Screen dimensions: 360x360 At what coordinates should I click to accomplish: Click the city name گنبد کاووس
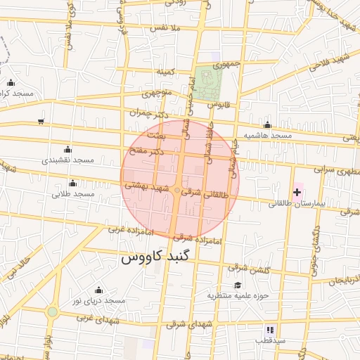click(155, 257)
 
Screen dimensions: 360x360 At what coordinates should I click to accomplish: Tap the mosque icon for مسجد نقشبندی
click(67, 149)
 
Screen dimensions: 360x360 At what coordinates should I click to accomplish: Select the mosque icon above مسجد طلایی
click(72, 183)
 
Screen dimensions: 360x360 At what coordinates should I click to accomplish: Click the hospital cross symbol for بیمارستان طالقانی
click(297, 192)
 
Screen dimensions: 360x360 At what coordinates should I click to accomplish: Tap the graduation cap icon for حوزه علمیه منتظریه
click(238, 285)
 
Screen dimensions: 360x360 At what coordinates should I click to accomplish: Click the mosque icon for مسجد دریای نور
click(98, 290)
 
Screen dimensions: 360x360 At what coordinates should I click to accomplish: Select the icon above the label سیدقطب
click(270, 329)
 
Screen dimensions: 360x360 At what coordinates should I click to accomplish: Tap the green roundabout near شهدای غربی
click(52, 311)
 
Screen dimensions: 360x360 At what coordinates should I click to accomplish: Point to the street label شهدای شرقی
click(186, 324)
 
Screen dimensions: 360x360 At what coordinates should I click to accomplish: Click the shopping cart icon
click(41, 122)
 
